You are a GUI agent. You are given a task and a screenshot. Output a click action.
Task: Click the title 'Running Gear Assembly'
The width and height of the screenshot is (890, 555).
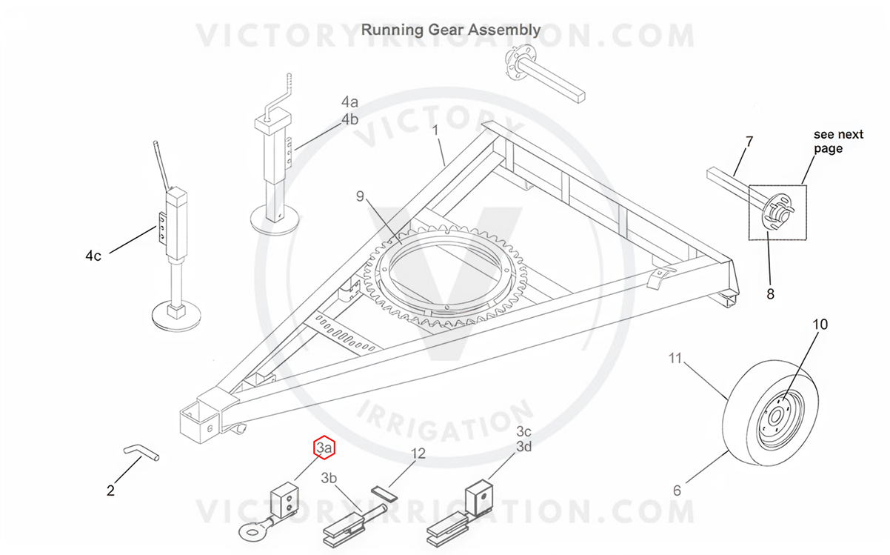(x=450, y=30)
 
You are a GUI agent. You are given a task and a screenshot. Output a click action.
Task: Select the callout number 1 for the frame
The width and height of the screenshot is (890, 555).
(x=436, y=130)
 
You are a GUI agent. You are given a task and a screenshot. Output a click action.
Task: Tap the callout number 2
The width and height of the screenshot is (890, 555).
(x=110, y=490)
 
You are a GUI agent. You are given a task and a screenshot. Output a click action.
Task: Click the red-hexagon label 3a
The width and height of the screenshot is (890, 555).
(x=324, y=448)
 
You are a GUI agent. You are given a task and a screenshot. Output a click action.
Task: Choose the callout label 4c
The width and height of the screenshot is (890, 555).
(x=93, y=256)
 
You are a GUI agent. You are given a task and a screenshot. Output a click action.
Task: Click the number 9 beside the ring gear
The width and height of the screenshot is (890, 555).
(x=360, y=196)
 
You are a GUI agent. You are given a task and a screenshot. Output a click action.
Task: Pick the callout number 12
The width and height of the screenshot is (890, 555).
(x=418, y=453)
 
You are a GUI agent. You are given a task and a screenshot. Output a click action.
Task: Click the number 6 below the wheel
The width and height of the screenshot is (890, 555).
(x=677, y=490)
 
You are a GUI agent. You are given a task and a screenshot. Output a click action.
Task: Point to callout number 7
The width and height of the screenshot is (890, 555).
(x=749, y=141)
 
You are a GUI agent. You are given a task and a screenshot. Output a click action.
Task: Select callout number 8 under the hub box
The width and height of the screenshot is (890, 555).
(x=770, y=293)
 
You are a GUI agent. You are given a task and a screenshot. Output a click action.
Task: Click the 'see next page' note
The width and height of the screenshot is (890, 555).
(x=838, y=142)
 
